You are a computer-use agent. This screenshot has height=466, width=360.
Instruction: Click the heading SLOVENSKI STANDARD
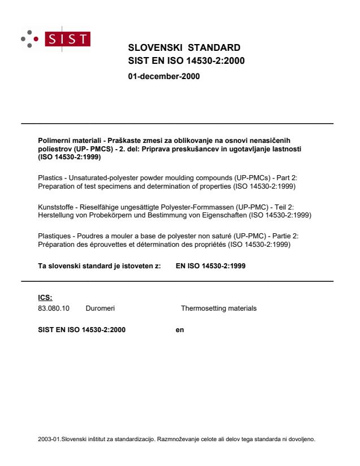point(184,47)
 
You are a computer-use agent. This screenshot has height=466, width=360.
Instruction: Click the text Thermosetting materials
point(218,308)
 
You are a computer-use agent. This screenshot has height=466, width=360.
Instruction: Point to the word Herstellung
point(55,216)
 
